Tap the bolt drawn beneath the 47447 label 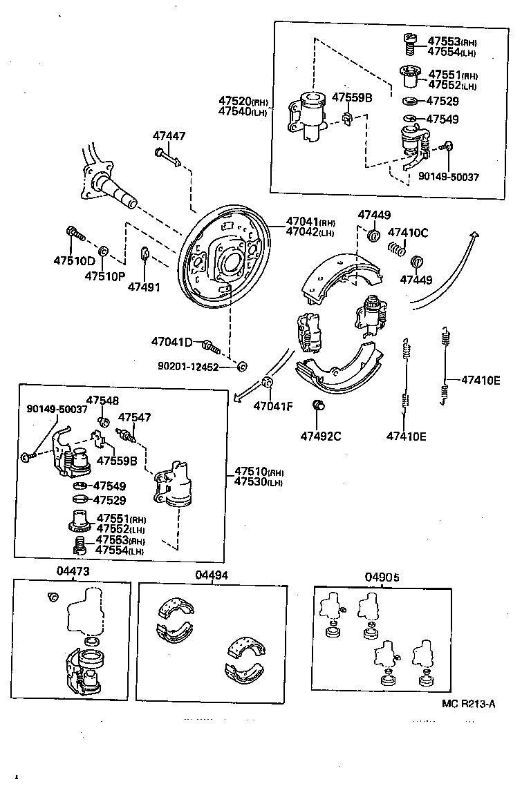[167, 157]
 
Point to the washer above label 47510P [103, 250]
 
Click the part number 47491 [144, 286]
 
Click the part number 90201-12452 [187, 367]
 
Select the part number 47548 [102, 401]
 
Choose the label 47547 [135, 417]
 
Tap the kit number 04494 [212, 575]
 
